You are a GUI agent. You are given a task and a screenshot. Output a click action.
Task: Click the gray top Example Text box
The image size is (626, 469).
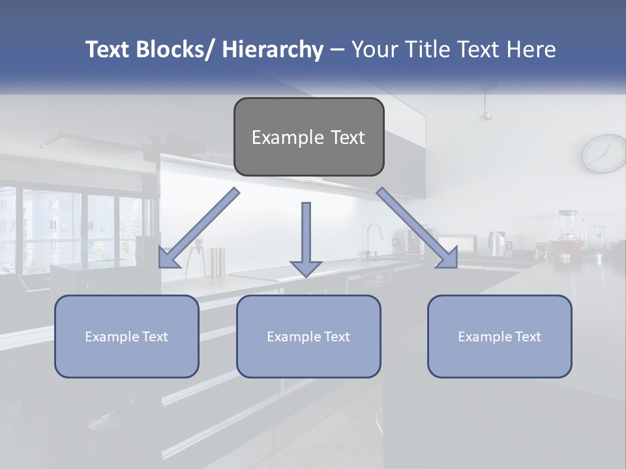[x=308, y=137]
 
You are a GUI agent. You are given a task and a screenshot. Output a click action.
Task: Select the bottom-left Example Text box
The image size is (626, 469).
[x=127, y=336]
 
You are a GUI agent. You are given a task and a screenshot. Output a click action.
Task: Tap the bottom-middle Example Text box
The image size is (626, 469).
[x=308, y=336]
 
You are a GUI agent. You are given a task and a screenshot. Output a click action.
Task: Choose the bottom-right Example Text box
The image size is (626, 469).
[x=499, y=336]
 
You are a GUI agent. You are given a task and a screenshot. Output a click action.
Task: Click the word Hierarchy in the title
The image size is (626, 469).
[x=272, y=50]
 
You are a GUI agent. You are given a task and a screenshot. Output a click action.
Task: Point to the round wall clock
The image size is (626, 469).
[x=604, y=153]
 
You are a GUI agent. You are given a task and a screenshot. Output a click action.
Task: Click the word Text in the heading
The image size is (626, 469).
[x=482, y=50]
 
